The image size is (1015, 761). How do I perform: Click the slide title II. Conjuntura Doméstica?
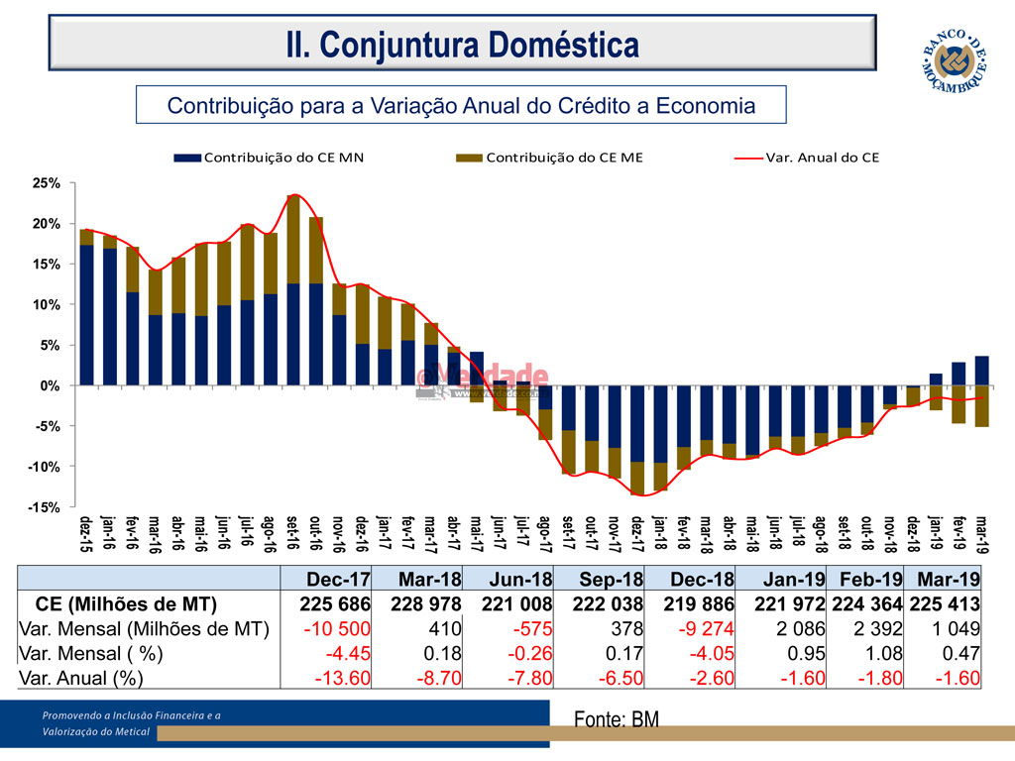tap(462, 44)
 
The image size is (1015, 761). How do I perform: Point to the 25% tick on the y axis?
tap(49, 183)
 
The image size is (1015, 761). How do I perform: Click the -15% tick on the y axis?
tap(47, 507)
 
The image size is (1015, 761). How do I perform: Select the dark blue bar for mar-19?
tap(981, 371)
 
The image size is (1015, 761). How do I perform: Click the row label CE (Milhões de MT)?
tap(126, 603)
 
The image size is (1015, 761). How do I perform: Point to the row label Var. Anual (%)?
tap(81, 678)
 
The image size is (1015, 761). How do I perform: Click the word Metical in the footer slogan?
tap(129, 731)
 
